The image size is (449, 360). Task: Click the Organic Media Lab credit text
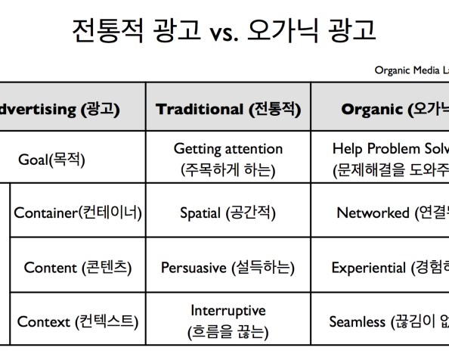point(411,70)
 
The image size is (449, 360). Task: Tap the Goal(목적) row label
point(52,160)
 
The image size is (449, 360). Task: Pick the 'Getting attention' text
point(228,149)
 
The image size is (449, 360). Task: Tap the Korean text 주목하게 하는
point(228,169)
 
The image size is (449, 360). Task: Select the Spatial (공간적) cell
point(228,213)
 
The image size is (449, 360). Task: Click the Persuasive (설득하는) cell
point(228,267)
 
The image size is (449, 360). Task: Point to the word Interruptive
point(228,311)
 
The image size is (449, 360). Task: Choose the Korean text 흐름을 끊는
point(228,331)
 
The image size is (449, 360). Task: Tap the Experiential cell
point(390,267)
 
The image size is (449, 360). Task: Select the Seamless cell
point(389,321)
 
